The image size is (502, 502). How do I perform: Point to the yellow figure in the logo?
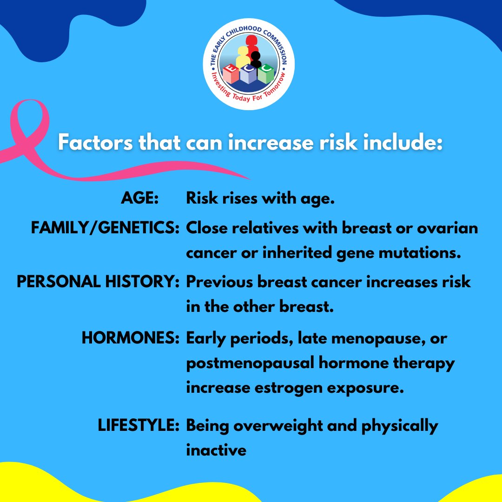click(x=243, y=57)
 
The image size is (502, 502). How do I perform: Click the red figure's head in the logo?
click(x=251, y=41)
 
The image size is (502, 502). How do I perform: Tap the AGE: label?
click(x=140, y=199)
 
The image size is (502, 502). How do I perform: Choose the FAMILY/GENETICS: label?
click(x=105, y=229)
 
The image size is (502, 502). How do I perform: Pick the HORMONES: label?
click(x=131, y=338)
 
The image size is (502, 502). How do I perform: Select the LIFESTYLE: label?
click(x=139, y=426)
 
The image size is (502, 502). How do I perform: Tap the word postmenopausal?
click(x=250, y=363)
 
